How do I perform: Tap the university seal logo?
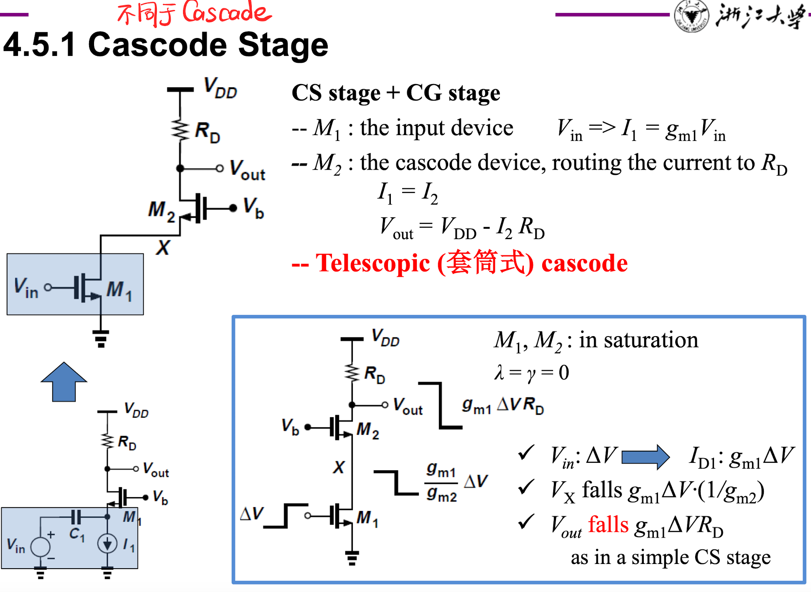[691, 15]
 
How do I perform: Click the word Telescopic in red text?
[373, 263]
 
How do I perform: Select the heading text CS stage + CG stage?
[395, 92]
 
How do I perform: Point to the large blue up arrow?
[64, 382]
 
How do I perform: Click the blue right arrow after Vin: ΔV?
[645, 457]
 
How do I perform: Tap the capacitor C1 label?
[77, 534]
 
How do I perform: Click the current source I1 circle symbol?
[107, 544]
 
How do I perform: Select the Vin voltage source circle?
[41, 546]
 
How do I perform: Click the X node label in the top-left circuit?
[163, 248]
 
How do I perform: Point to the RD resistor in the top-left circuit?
[180, 130]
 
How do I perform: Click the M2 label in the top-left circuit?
[161, 211]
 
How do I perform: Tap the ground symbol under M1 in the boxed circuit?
[352, 558]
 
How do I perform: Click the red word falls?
[608, 524]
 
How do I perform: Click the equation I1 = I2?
[408, 194]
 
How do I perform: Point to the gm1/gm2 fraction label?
[441, 482]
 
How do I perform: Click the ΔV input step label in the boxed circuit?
[252, 513]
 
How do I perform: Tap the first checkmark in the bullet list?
[526, 453]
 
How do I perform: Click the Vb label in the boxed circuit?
[290, 426]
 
